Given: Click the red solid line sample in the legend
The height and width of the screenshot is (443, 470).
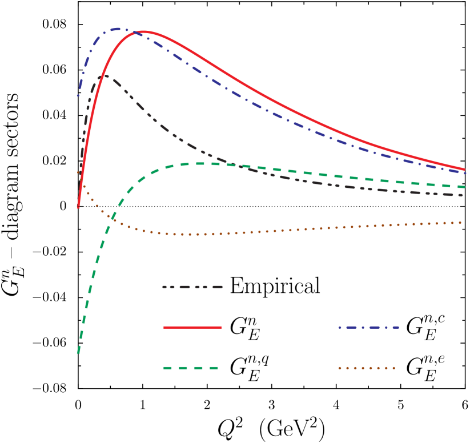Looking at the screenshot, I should coord(192,327).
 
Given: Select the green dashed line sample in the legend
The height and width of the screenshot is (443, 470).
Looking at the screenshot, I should coord(191,368).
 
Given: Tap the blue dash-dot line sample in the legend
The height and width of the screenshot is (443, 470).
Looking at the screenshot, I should coord(368,327).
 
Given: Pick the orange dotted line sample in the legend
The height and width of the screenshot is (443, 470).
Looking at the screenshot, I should coord(367,368).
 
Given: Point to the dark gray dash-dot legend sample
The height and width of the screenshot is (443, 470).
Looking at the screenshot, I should coord(192,287).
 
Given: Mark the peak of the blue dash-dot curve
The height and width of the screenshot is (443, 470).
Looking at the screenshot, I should coord(119,29).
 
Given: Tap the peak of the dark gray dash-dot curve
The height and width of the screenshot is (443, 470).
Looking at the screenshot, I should coord(105,75).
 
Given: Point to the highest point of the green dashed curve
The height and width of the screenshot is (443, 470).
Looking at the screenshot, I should coord(200,163).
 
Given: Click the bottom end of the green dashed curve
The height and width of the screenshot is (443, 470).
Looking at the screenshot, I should coord(78,354).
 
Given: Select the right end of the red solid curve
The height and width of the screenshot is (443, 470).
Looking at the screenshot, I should coord(465,169).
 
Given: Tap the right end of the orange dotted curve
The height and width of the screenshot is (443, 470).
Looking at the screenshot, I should coord(461,222).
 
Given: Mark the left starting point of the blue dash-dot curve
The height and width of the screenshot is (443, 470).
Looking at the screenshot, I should coord(79,95).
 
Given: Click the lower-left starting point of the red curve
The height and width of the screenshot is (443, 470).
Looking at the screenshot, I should coord(78,207).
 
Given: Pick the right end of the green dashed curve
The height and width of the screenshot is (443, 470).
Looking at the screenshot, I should coord(465,187).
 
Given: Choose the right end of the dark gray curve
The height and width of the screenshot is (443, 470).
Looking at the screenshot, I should coord(463,195).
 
